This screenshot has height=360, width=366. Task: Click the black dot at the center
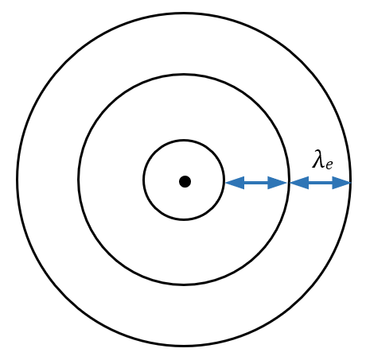185,182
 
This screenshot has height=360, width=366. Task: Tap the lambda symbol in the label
318,159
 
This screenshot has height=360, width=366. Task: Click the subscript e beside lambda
329,165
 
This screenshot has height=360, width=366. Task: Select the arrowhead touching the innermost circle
235,183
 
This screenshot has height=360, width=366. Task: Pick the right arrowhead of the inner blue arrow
278,183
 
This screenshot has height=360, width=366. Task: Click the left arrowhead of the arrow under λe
299,183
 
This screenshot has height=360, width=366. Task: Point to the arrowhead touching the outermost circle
342,183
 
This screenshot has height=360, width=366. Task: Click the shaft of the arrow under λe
321,183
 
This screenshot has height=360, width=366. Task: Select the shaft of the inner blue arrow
256,183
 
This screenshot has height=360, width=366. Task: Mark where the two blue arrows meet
289,183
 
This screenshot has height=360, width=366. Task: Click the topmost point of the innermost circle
184,140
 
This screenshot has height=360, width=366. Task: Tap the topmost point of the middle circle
184,75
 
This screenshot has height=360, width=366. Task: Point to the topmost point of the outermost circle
184,14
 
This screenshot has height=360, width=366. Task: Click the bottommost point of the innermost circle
184,219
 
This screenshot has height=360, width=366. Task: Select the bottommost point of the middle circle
184,285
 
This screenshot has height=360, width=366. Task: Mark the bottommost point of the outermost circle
184,346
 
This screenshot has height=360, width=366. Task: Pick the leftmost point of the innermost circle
144,180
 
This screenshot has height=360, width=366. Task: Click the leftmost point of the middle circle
79,180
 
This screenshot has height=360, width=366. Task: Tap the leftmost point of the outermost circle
17,180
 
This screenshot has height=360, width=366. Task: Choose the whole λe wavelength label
322,160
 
